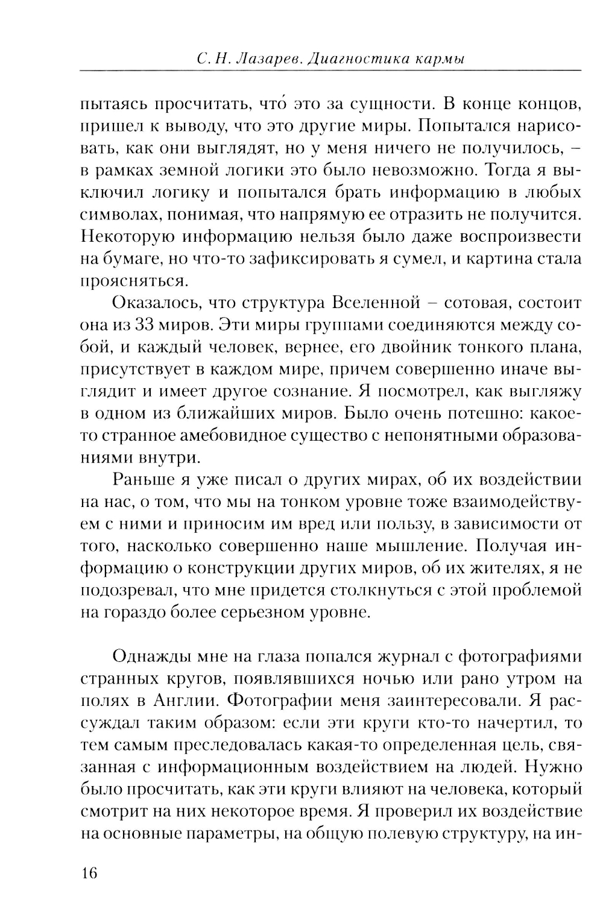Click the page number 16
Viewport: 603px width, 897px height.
89,873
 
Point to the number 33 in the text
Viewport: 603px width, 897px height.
147,325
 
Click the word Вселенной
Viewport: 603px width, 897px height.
374,303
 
